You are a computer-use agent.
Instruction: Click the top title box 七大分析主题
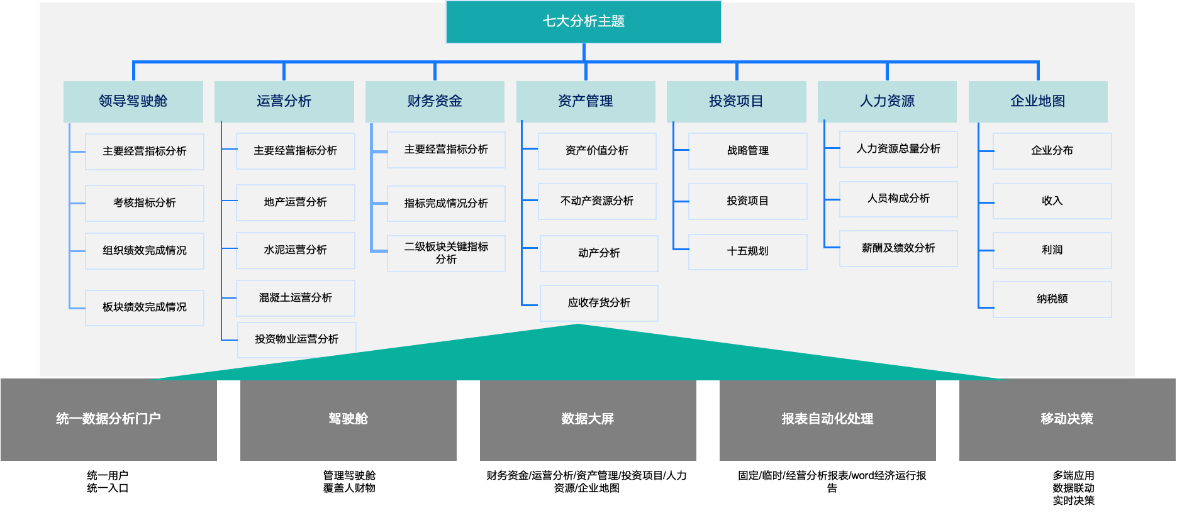pos(583,21)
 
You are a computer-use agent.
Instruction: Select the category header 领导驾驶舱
pos(133,101)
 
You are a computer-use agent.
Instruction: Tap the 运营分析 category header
pos(284,101)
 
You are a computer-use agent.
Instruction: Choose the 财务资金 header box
pos(435,101)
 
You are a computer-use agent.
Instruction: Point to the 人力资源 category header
pos(887,101)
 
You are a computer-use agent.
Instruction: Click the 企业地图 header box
pos(1038,101)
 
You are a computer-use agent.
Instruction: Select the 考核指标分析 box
pos(145,203)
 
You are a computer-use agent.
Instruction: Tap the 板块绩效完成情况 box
pos(145,307)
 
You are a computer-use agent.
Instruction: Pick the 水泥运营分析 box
pos(295,250)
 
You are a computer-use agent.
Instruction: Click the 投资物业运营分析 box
pos(296,339)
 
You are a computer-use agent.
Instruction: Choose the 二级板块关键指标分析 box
pos(446,253)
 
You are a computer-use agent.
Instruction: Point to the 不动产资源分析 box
pos(597,201)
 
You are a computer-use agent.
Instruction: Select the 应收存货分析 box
pos(599,303)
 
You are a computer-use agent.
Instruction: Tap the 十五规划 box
pos(747,251)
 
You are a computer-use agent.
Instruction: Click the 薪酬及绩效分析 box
pos(898,248)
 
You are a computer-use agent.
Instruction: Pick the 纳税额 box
pos(1052,299)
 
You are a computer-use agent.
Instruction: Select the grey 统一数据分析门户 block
pos(109,419)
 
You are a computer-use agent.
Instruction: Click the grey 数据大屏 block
pos(588,419)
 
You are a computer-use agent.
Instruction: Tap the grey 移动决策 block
pos(1067,419)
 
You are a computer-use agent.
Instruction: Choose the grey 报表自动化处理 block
pos(827,419)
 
